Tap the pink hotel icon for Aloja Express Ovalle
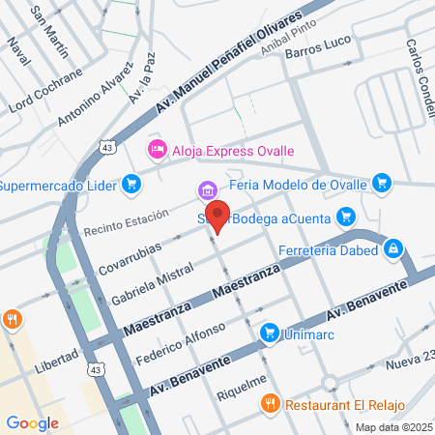(155, 149)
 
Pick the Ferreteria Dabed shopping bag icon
(392, 251)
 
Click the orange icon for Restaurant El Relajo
(271, 402)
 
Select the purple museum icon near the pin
(205, 190)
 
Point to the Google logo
(32, 422)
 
